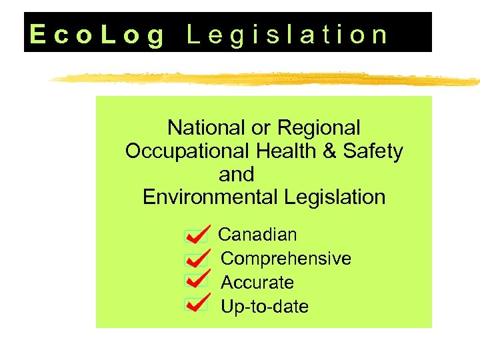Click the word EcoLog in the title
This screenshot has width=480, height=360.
97,35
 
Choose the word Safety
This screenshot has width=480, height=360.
373,151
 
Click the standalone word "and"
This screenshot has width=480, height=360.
237,175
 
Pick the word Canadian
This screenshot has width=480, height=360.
257,235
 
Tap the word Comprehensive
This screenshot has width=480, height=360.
286,259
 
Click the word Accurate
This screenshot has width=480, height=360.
257,283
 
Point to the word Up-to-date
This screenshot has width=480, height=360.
265,307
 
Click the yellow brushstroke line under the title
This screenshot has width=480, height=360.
267,79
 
